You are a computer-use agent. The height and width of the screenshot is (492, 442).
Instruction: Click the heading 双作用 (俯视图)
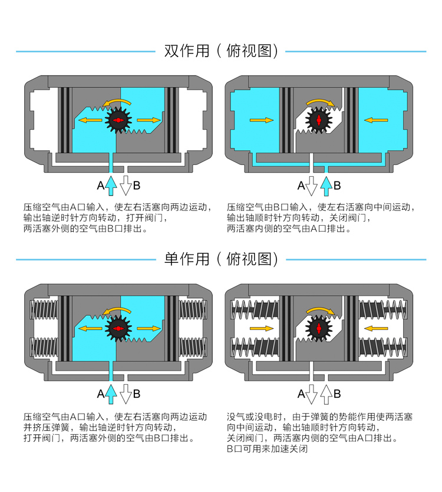coord(220,51)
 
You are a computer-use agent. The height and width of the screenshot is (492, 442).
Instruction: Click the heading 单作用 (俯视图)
coord(220,259)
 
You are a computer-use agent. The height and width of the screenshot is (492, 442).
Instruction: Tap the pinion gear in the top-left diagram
coord(118,120)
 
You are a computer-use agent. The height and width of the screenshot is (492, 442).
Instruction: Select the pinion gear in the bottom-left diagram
coord(118,328)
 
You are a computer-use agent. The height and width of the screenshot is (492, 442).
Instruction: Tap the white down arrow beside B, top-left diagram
coord(125,185)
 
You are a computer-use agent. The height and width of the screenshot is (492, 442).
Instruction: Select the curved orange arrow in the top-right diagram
coord(323,103)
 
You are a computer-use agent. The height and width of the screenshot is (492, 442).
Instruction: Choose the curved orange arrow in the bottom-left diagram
coord(116,310)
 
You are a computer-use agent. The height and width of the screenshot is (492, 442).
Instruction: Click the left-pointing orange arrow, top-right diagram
coord(375,120)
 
